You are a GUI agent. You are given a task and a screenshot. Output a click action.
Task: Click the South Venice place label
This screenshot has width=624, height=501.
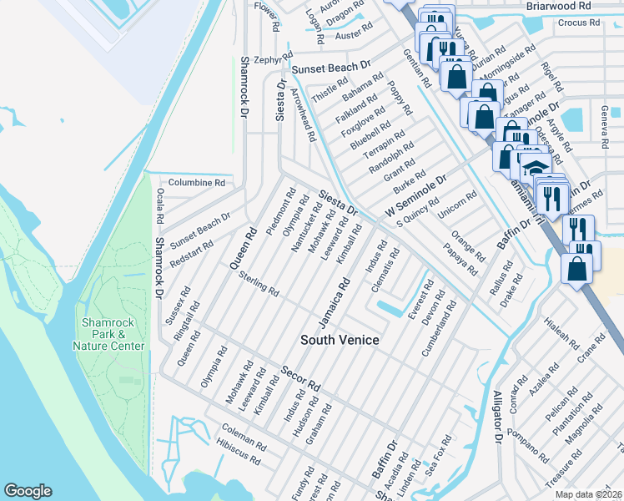coord(340,340)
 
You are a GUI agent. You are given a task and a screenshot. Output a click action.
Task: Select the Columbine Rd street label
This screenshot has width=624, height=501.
coord(197,182)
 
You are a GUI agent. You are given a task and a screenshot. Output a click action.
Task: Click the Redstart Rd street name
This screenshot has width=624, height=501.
coord(191,251)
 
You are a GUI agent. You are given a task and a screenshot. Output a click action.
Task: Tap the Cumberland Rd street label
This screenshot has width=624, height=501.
coord(440,330)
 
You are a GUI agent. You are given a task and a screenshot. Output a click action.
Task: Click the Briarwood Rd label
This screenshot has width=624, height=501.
coord(558,5)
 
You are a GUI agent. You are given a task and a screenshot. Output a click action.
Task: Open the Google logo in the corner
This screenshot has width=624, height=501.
coord(28,491)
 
